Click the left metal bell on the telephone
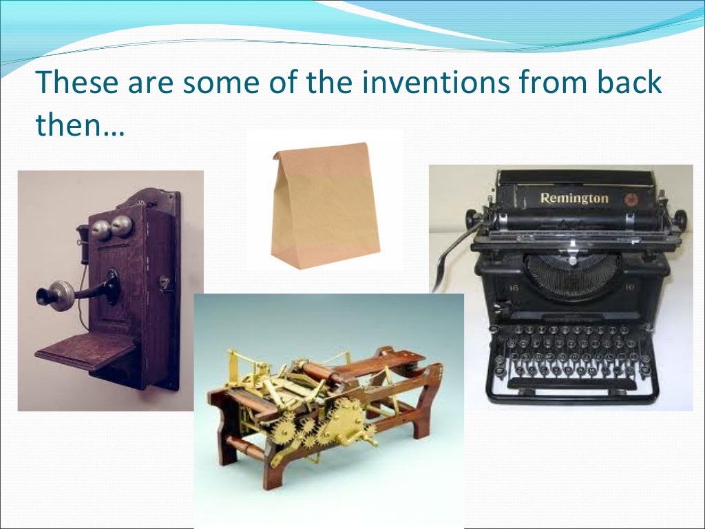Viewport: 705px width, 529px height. pos(101,228)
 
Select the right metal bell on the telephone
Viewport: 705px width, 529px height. pos(122,225)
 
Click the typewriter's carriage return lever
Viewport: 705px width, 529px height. pos(448,255)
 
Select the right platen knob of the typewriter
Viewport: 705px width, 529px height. pos(680,220)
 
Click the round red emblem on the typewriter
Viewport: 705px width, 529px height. pos(630,199)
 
